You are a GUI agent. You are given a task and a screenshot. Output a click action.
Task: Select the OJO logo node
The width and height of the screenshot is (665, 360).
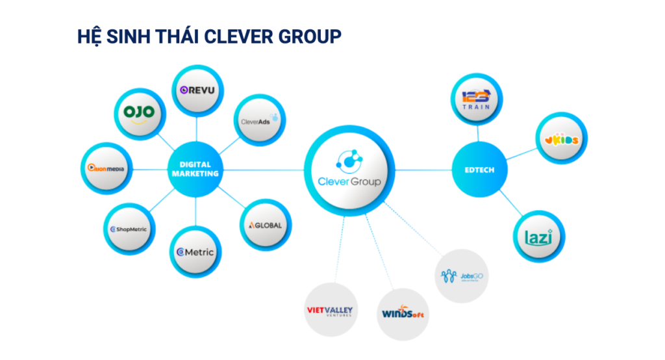tap(140, 112)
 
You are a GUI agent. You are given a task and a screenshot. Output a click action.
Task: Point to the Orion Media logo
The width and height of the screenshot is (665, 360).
tap(107, 168)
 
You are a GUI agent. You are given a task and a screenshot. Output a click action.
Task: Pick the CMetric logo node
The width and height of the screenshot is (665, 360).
tap(195, 252)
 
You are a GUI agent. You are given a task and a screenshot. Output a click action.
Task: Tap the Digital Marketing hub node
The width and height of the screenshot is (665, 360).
tap(195, 170)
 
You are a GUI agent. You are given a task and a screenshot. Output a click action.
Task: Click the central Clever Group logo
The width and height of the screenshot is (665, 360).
tap(349, 170)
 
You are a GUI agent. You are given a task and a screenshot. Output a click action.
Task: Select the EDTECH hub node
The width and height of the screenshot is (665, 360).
tap(479, 170)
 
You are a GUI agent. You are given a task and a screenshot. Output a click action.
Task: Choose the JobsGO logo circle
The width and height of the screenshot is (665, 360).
tap(460, 277)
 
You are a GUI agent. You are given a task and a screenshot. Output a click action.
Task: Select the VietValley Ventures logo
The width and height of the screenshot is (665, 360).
tap(329, 310)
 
